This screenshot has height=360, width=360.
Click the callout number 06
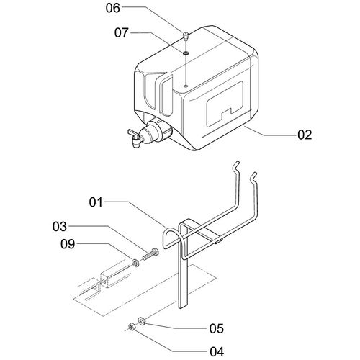pyautogui.click(x=112, y=8)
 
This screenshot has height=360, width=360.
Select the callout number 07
pyautogui.click(x=122, y=32)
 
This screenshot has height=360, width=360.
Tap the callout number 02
pyautogui.click(x=305, y=135)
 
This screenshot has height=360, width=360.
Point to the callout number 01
pyautogui.click(x=96, y=202)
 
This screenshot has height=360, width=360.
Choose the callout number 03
pyautogui.click(x=60, y=227)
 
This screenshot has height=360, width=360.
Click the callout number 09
pyautogui.click(x=68, y=244)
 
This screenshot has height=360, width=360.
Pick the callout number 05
pyautogui.click(x=217, y=328)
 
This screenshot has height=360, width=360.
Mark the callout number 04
pyautogui.click(x=217, y=352)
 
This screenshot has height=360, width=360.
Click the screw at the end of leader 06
pyautogui.click(x=186, y=37)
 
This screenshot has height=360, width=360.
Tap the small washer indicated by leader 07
pyautogui.click(x=186, y=53)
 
